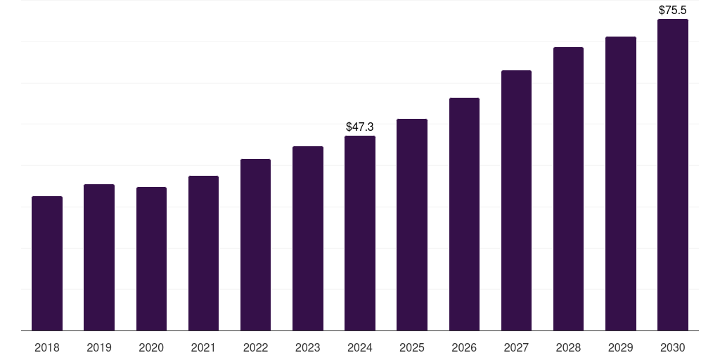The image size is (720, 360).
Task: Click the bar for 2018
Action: pos(47,264)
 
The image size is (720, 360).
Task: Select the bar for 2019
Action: pos(99,257)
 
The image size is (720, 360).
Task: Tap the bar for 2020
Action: pos(151,259)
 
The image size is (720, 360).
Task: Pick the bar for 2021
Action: pos(203,253)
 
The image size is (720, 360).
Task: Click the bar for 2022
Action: pos(255,245)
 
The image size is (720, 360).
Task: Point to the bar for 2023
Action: pos(308,238)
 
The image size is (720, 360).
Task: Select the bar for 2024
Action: pos(360,233)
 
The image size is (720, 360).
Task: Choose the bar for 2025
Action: pos(412,225)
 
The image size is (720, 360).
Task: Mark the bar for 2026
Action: pos(464,214)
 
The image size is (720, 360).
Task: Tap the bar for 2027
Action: pos(516,200)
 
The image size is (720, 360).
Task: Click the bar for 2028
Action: pos(568,189)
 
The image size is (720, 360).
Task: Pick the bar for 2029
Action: pos(621,184)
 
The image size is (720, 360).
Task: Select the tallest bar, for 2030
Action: pos(673,175)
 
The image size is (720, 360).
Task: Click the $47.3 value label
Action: pos(360,127)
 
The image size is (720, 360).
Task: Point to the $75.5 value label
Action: pos(673,11)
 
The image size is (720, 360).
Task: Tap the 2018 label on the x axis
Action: pos(47,348)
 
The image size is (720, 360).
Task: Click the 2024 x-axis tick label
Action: pos(360,348)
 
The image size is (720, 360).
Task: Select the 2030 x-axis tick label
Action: pos(673,348)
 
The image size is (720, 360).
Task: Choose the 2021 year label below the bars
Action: pos(203,348)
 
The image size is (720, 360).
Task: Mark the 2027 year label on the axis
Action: pos(516,348)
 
